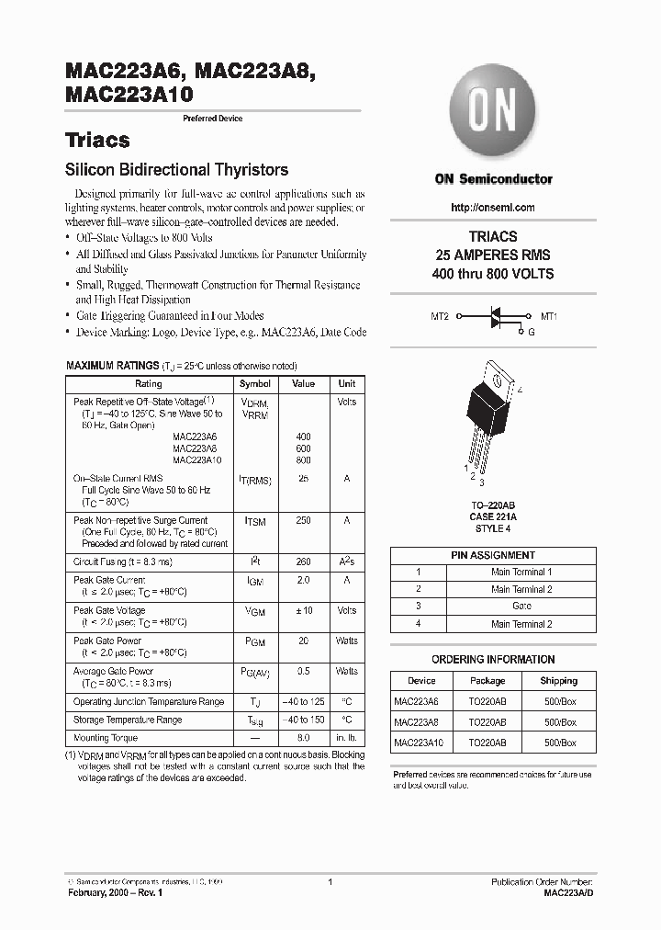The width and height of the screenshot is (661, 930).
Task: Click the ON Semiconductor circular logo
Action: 493,111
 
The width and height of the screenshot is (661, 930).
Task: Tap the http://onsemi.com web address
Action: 493,208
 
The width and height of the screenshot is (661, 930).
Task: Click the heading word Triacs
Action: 97,141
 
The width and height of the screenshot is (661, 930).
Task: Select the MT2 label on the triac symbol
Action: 440,316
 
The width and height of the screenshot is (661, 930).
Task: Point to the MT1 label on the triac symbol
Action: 549,316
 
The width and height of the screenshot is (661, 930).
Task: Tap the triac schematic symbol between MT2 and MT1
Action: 494,317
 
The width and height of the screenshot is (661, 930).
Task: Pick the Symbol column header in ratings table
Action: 255,384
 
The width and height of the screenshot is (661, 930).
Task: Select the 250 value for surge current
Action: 303,521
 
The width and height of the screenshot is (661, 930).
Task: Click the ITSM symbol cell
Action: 255,522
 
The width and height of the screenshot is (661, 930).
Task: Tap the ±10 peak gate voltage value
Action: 303,610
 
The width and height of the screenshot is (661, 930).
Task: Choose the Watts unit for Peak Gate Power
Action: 347,641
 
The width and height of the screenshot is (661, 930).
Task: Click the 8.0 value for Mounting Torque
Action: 303,738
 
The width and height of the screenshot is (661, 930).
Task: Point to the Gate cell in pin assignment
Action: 521,607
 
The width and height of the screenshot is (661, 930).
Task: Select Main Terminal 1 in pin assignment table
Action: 521,572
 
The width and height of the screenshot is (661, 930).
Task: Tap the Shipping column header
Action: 559,681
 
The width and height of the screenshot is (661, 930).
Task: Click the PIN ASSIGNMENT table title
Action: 493,555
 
